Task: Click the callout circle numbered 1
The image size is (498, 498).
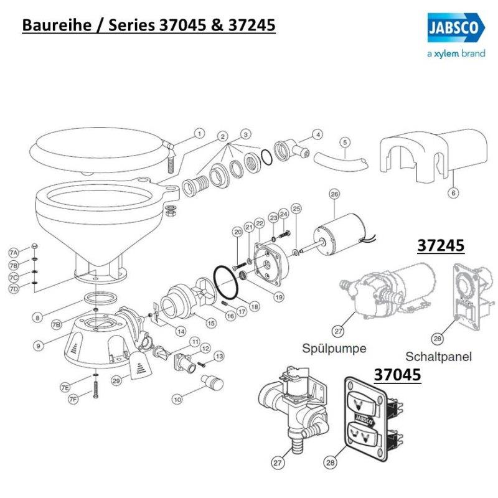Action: pos(199,133)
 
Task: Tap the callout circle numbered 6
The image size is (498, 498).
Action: pos(453,193)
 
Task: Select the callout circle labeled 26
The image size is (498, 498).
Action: pos(334,195)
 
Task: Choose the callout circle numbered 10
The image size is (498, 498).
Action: pos(177,398)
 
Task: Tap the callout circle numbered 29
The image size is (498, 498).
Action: pos(115,379)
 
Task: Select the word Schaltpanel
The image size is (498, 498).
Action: pos(438,357)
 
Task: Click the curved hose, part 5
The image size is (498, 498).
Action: pos(340,161)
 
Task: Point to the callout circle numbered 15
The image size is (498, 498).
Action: pos(211,323)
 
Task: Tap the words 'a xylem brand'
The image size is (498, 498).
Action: pos(447,54)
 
